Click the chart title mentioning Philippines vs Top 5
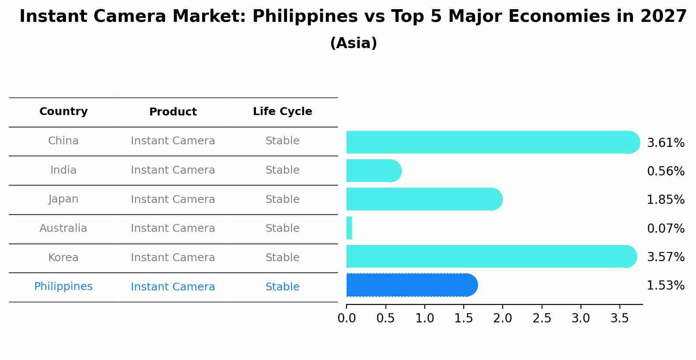tap(353, 17)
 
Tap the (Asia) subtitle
tap(353, 43)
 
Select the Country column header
tap(63, 112)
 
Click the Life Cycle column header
tap(282, 112)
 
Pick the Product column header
tap(173, 112)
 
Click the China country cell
tap(63, 141)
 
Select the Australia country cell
tap(63, 228)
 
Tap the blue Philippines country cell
tap(63, 287)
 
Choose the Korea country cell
tap(63, 258)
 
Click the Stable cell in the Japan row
tap(282, 199)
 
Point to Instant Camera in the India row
tap(173, 170)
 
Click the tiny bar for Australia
tap(349, 228)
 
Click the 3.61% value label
tap(665, 143)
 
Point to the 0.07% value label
tap(665, 228)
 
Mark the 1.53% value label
tap(665, 286)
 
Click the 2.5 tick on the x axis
tap(542, 318)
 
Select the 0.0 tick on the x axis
tap(346, 318)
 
